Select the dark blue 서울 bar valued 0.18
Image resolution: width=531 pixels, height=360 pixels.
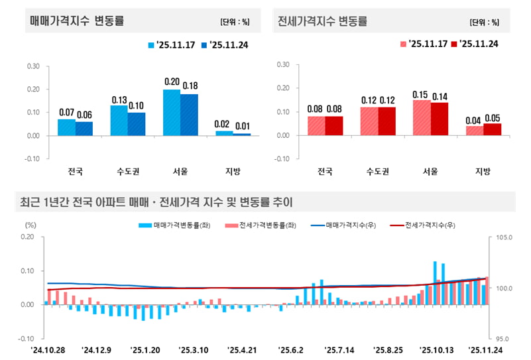(x=189, y=115)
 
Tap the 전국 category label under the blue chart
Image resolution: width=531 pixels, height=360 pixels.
(x=76, y=171)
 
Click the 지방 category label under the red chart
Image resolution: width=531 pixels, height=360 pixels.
(x=483, y=171)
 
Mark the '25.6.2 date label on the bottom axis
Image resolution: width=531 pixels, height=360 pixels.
(x=290, y=349)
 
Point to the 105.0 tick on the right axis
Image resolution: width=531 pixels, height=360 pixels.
(x=504, y=237)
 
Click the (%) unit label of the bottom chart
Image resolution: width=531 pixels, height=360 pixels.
(x=30, y=225)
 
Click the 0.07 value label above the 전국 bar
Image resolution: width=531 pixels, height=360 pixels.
(x=66, y=113)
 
